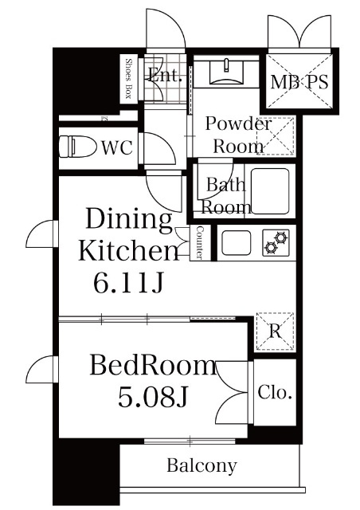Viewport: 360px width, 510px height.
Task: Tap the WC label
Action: (116, 147)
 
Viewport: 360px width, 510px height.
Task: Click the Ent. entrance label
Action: (165, 77)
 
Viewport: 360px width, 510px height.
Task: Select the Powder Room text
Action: (237, 135)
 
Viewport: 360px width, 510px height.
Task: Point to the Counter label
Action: (200, 242)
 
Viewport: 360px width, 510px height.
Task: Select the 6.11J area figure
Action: (126, 282)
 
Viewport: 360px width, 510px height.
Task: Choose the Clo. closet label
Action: (276, 393)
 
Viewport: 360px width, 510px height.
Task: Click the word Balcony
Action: (202, 466)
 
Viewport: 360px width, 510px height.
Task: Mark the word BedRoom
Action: (153, 367)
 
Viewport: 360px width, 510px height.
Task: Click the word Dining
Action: (128, 219)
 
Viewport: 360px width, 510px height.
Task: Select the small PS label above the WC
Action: (104, 119)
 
